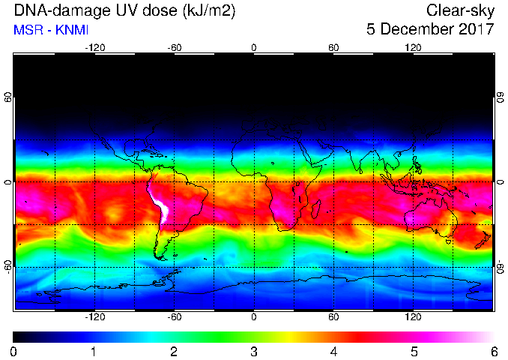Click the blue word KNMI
pos(72,30)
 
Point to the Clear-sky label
pos(460,11)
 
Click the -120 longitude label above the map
pos(95,48)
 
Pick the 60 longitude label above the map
pos(333,48)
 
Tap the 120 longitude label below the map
pos(413,316)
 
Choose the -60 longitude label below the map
pos(175,316)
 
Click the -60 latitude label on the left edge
pos(7,266)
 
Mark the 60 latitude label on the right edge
pos(501,97)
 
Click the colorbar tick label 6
pos(494,352)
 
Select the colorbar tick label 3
pos(254,352)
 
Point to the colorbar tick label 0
pos(13,352)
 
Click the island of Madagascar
pos(316,209)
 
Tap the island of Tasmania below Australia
pos(449,241)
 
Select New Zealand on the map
pos(484,240)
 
